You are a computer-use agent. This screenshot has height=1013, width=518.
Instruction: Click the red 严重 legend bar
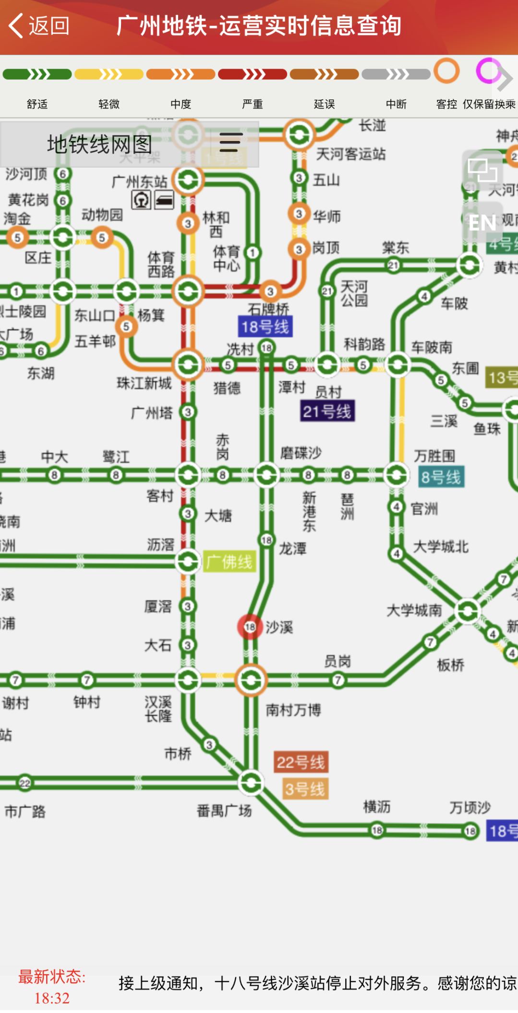(253, 74)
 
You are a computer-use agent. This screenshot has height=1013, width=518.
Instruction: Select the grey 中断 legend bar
(396, 74)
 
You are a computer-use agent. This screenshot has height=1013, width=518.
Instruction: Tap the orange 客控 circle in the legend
(446, 71)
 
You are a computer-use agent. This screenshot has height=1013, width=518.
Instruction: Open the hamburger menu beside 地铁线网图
(230, 143)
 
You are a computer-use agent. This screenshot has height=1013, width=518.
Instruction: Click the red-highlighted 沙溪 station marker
(250, 627)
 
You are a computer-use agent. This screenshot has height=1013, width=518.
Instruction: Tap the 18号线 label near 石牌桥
(265, 327)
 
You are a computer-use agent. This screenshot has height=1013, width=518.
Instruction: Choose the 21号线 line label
(327, 411)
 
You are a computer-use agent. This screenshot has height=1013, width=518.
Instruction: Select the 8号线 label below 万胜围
(441, 477)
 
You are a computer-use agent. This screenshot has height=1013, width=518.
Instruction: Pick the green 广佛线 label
(229, 561)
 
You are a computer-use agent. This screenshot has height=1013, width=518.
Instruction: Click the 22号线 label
(301, 762)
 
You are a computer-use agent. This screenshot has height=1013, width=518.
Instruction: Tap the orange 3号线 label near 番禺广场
(305, 789)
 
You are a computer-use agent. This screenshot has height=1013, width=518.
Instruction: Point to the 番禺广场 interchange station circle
(251, 783)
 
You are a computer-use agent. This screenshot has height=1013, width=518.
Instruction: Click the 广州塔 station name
(152, 413)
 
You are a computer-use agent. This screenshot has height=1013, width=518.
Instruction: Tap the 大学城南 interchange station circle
(468, 611)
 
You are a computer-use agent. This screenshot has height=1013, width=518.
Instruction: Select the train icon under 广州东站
(164, 200)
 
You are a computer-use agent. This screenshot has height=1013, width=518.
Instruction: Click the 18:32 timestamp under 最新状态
(52, 999)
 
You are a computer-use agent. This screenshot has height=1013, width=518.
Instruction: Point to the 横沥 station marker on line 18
(377, 830)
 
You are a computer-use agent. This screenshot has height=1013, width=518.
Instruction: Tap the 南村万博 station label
(293, 710)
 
